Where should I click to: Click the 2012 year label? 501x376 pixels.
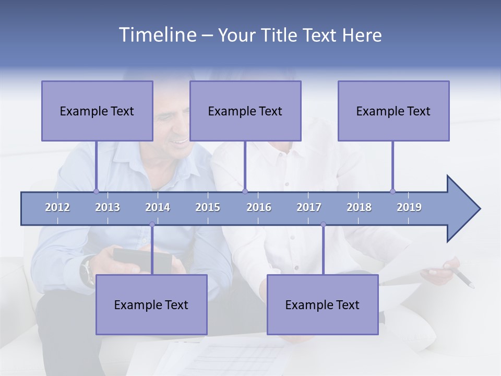click(x=57, y=207)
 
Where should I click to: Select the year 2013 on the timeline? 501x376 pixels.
click(x=108, y=207)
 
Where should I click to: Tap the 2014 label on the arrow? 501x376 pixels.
click(x=158, y=207)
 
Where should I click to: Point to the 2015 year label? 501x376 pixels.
click(x=208, y=207)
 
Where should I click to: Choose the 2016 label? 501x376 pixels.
click(x=259, y=207)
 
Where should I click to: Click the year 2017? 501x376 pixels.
click(x=309, y=207)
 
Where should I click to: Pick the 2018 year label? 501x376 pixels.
click(x=359, y=207)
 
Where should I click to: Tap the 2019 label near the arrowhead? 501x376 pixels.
click(x=409, y=207)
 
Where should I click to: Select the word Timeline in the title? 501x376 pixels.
click(x=157, y=35)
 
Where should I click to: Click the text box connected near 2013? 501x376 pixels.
click(x=97, y=111)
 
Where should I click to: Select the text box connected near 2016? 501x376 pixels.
click(x=245, y=111)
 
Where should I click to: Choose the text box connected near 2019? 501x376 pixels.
click(x=393, y=111)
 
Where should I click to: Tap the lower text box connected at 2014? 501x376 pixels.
click(x=151, y=304)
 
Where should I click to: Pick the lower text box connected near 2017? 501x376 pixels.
click(x=323, y=304)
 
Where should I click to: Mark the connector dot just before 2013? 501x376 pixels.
click(x=96, y=191)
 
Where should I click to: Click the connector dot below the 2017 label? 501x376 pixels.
click(x=323, y=225)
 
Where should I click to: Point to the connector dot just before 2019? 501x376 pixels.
click(x=392, y=191)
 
